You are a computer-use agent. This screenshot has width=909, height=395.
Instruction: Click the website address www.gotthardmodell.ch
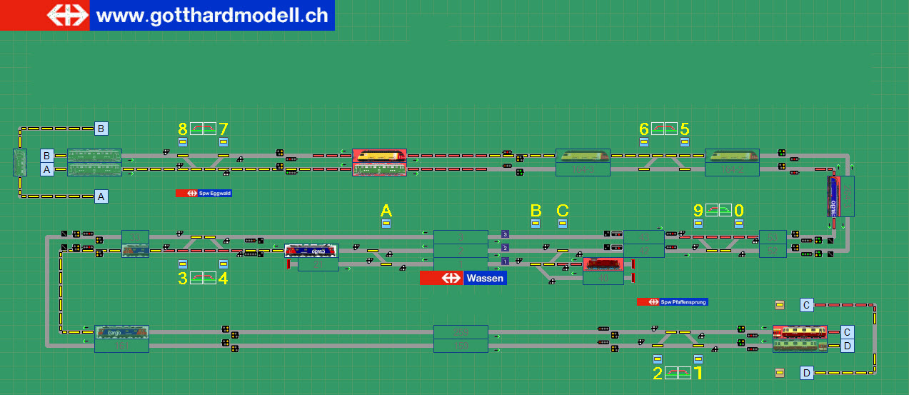pos(211,15)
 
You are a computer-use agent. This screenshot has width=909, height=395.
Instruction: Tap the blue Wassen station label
pos(485,278)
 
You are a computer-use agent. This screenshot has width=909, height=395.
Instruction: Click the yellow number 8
pos(183,129)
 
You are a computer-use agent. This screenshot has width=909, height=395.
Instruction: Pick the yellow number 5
pos(685,129)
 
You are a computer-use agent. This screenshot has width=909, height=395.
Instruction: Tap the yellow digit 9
pos(698,211)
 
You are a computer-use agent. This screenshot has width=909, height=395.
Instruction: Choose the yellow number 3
pos(183,279)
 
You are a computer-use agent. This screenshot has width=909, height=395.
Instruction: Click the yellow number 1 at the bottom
pos(699,373)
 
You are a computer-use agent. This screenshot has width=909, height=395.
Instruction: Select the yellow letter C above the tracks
pos(563,211)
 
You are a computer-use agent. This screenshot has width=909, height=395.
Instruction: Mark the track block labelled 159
pos(461,346)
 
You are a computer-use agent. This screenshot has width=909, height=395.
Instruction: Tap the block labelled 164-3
pos(582,169)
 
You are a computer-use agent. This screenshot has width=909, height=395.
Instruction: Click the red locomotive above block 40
pos(604,265)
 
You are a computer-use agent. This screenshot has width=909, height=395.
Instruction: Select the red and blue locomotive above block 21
pos(311,251)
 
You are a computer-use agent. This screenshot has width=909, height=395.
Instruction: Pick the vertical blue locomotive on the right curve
pos(834,196)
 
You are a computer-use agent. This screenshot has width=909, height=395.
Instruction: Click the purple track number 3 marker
pos(505,234)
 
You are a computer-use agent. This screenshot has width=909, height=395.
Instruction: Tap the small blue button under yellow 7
pos(224,141)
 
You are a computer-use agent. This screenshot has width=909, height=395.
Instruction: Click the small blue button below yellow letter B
pos(536,223)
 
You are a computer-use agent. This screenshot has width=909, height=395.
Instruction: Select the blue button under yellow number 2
pos(658,359)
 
